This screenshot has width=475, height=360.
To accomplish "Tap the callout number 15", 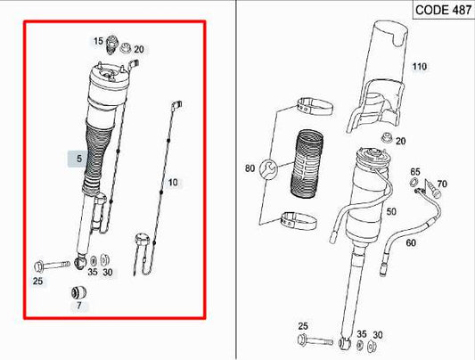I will [98, 41].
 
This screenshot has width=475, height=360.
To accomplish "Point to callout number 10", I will [173, 183].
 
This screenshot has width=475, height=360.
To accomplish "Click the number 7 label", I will [78, 307].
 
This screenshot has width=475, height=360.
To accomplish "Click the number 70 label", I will [442, 184].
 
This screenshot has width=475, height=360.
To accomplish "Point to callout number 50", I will [390, 210].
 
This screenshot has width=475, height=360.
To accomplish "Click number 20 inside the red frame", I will [138, 50].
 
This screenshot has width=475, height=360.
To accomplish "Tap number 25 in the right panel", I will [303, 327].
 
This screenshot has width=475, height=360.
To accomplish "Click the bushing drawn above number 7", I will [78, 290].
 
